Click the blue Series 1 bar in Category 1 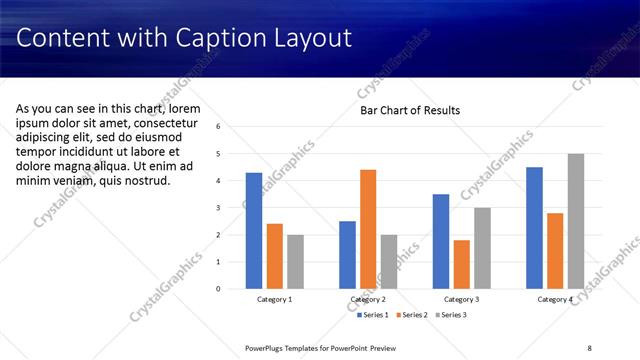tap(254, 231)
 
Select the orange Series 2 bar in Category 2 tap(368, 229)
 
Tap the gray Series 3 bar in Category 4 tap(575, 221)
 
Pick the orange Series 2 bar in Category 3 tap(461, 264)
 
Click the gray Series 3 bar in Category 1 tap(295, 262)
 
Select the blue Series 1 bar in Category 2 tap(347, 255)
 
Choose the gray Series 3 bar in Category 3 tap(482, 248)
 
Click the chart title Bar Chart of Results tap(410, 110)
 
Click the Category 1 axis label tap(274, 299)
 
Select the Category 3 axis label tap(461, 299)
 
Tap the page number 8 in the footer tap(590, 348)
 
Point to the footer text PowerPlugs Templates tap(287, 348)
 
